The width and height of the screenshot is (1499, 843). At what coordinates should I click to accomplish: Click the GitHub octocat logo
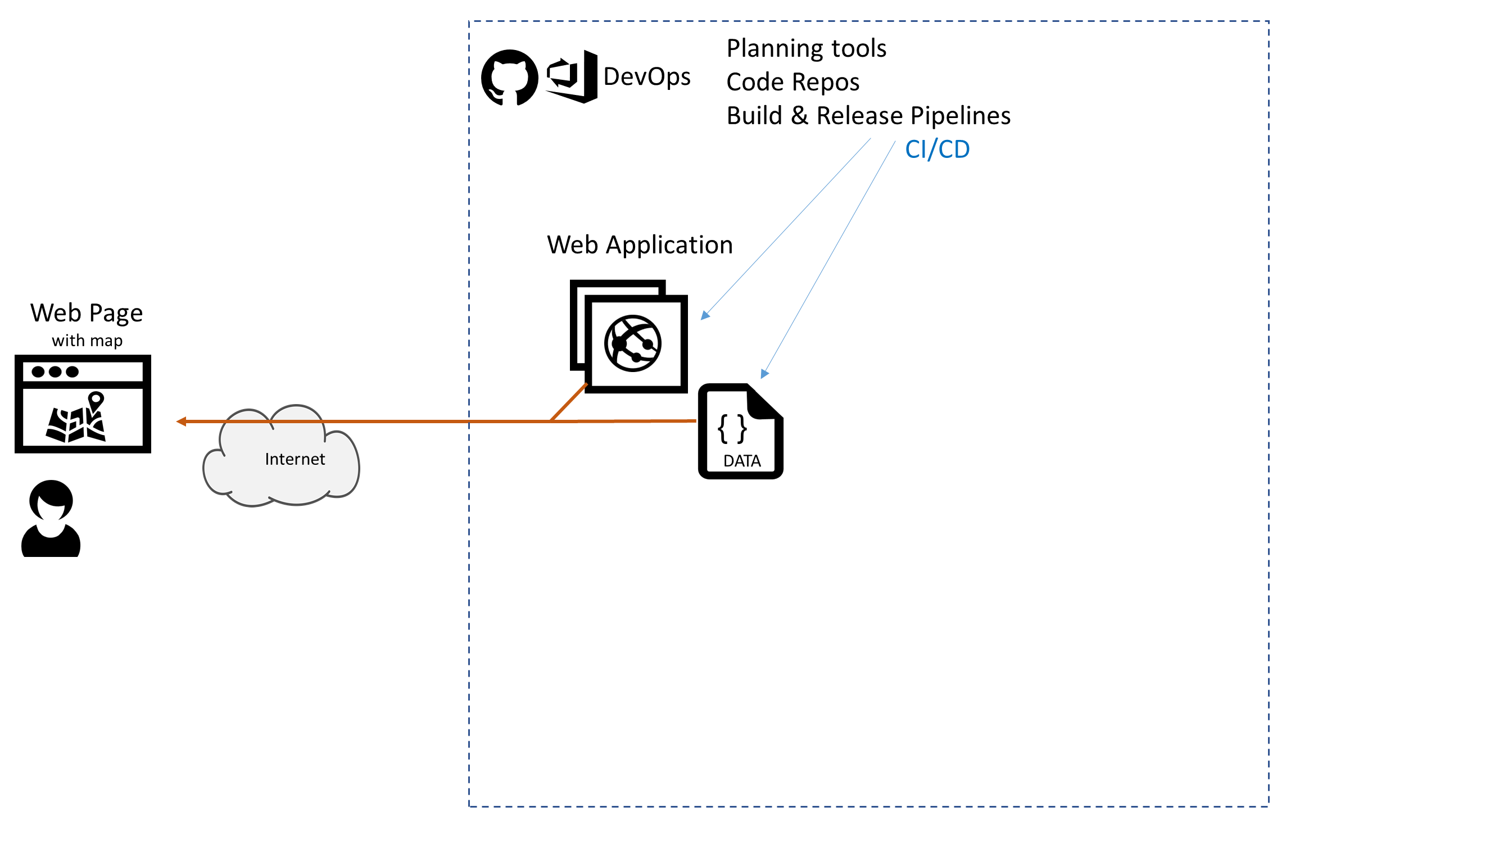(509, 78)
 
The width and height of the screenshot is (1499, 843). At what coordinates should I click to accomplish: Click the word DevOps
(646, 77)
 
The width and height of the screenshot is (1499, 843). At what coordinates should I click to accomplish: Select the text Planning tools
(806, 48)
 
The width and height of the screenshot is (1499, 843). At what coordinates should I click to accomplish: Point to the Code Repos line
(792, 82)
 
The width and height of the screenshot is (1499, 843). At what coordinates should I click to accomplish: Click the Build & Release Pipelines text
(868, 116)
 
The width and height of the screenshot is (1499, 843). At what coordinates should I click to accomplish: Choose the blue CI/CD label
(937, 149)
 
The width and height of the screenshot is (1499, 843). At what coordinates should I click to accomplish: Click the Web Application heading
(640, 245)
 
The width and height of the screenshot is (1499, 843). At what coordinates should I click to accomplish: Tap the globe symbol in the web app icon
(632, 343)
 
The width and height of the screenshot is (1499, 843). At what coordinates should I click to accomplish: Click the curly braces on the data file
(732, 429)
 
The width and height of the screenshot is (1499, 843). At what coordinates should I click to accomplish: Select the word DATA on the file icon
(742, 461)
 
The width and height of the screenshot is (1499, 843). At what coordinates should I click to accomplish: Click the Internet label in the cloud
(295, 459)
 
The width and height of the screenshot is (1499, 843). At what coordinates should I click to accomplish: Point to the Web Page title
(87, 313)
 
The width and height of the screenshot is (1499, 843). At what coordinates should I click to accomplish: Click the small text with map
(87, 341)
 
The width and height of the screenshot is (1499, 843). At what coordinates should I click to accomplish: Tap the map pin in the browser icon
(96, 400)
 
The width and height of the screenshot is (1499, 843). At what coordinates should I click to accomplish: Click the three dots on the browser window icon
(55, 371)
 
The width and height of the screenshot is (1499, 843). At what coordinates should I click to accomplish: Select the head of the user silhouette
(51, 500)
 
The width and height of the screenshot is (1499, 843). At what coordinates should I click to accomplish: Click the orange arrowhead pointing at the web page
(181, 421)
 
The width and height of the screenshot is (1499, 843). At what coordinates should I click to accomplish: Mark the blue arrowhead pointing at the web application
(705, 315)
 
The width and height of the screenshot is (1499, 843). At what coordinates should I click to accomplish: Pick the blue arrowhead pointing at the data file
(764, 374)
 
